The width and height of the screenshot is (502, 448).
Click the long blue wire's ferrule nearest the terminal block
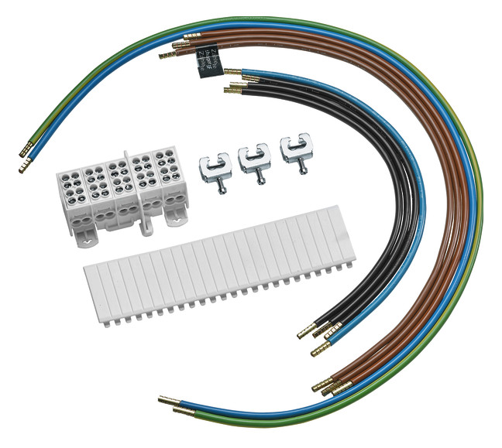click(x=26, y=164)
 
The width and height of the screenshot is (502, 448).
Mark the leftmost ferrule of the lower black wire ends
click(x=304, y=333)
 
